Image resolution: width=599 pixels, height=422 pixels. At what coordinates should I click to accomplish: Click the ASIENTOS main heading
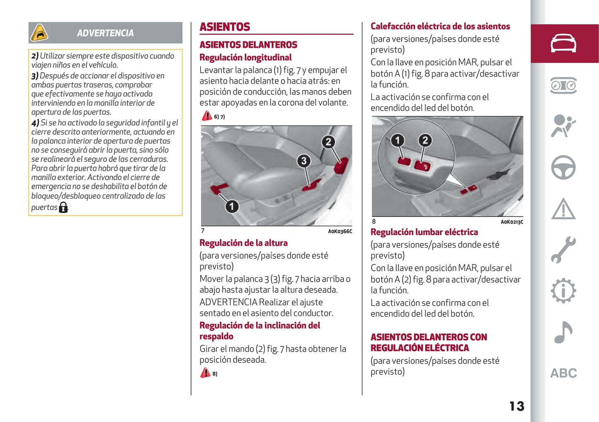point(225,27)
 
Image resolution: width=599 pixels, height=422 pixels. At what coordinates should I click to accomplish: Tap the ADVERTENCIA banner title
point(105,33)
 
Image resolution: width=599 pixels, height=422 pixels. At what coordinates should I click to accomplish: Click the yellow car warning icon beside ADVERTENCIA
point(39,33)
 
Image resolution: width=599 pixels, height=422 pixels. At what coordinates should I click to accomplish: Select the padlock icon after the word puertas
point(63,207)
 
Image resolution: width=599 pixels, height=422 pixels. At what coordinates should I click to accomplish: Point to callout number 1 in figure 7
point(232,206)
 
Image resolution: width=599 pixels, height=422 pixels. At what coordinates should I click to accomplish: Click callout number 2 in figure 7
point(328,142)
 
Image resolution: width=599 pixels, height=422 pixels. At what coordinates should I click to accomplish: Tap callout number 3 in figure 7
point(303,161)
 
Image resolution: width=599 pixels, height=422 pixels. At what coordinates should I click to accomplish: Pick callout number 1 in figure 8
point(397,140)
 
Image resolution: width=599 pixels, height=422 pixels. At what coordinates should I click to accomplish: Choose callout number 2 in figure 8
point(424,140)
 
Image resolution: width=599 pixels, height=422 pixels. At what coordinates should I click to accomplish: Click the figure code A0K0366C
point(340,231)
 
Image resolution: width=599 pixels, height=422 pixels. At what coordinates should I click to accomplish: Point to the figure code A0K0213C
point(512,222)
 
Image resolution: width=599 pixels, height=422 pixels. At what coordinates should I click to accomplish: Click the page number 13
point(517,406)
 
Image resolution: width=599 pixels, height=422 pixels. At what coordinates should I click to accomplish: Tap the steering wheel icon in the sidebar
point(563,167)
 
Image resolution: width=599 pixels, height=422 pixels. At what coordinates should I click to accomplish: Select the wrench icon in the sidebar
point(563,250)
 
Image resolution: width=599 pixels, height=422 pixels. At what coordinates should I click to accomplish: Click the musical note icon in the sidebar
point(563,332)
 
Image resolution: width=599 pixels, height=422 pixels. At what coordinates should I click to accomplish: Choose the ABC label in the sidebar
point(563,373)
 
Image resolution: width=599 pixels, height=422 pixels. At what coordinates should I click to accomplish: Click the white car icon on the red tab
point(563,43)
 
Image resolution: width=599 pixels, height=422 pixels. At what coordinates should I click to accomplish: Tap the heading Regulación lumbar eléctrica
point(424,232)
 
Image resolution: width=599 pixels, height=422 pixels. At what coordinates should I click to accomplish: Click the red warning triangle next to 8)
point(205,373)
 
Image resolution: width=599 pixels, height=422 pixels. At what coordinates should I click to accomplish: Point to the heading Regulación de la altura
point(243,243)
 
